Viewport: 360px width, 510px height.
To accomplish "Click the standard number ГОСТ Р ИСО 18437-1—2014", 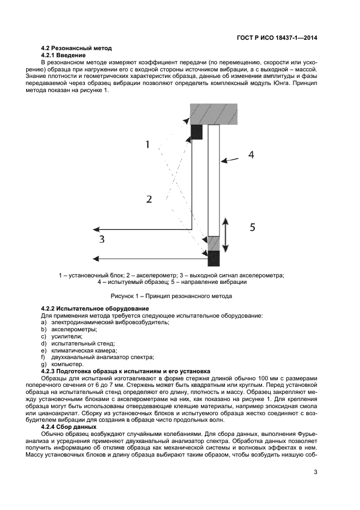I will [x=277, y=38].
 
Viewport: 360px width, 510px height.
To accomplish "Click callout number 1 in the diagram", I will [x=147, y=144].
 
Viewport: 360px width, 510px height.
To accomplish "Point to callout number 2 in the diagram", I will [x=149, y=199].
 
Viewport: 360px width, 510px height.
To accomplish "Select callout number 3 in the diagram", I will [x=101, y=239].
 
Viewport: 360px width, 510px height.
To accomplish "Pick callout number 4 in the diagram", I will [x=251, y=155].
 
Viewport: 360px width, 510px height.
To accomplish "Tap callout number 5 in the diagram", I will [x=252, y=227].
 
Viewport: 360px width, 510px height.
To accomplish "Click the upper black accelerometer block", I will [x=197, y=131].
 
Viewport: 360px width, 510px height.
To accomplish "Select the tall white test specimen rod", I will [x=213, y=180].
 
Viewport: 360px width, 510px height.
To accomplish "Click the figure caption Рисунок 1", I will [x=171, y=296].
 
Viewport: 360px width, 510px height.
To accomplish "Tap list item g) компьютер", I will [x=62, y=364].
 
